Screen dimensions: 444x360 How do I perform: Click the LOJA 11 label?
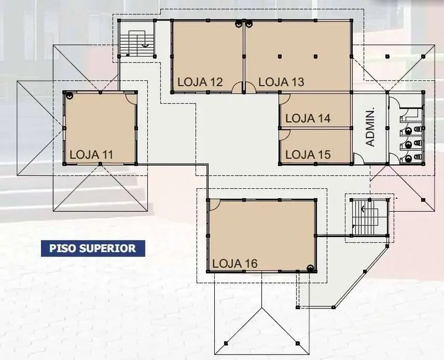91,155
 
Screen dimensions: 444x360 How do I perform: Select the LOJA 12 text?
200,82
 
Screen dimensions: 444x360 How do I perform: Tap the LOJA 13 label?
281,82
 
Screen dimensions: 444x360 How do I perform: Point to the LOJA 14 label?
308,118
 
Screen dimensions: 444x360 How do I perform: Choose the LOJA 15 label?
308,155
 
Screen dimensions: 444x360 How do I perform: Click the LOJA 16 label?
235,264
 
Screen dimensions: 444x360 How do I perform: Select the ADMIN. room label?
370,127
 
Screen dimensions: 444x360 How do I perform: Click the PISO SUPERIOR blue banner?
93,249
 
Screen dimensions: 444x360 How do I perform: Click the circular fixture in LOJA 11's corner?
69,96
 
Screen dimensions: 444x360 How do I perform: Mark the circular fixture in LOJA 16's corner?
311,268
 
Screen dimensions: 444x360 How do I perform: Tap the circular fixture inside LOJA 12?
239,24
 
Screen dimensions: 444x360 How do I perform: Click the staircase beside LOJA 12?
137,43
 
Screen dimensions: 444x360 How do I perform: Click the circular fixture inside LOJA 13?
249,24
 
